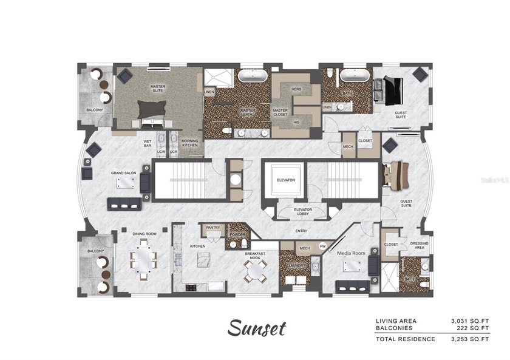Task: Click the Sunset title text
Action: click(257, 328)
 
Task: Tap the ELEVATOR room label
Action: click(285, 180)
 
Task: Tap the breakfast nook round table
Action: click(255, 271)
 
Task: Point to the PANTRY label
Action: click(212, 228)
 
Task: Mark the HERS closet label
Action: click(297, 89)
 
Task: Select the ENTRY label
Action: click(301, 231)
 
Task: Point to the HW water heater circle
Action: click(322, 246)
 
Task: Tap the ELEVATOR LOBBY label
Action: click(285, 212)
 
